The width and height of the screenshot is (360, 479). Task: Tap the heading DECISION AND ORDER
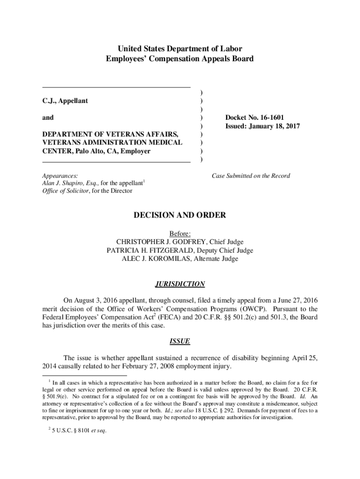pos(180,215)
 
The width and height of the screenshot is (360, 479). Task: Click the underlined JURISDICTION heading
pos(180,284)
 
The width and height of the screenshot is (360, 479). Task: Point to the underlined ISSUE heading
pos(180,341)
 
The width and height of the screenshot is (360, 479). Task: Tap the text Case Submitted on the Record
pos(251,176)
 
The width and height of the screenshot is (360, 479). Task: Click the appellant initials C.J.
pos(49,101)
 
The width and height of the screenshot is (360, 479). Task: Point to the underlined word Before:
pos(180,233)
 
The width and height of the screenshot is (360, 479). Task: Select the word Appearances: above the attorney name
pos(60,176)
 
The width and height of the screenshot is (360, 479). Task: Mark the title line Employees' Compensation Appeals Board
pos(180,59)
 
